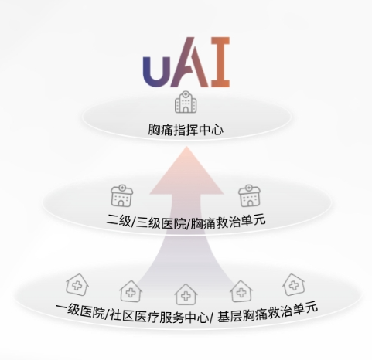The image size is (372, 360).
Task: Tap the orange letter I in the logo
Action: (x=220, y=62)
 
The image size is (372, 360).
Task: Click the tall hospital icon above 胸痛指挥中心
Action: (x=186, y=102)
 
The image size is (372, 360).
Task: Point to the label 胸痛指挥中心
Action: (x=186, y=130)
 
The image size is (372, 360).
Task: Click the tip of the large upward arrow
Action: (x=186, y=147)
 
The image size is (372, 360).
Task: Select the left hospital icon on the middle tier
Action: (x=122, y=195)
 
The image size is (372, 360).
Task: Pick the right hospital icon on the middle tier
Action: (x=249, y=195)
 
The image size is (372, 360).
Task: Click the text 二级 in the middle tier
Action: (x=118, y=220)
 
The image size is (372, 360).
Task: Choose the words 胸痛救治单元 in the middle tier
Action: (x=228, y=222)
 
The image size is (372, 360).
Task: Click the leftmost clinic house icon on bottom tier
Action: (x=77, y=285)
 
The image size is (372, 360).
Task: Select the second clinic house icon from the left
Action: (x=131, y=291)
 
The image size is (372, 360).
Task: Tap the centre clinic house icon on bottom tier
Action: (x=186, y=294)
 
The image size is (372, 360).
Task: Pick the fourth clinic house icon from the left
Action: (x=241, y=291)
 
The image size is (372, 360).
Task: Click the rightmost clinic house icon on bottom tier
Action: (x=294, y=284)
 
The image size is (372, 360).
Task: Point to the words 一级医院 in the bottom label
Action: (x=80, y=311)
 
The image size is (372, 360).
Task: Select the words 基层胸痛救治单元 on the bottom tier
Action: (x=268, y=313)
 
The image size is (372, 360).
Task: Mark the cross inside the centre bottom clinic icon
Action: (x=186, y=297)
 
